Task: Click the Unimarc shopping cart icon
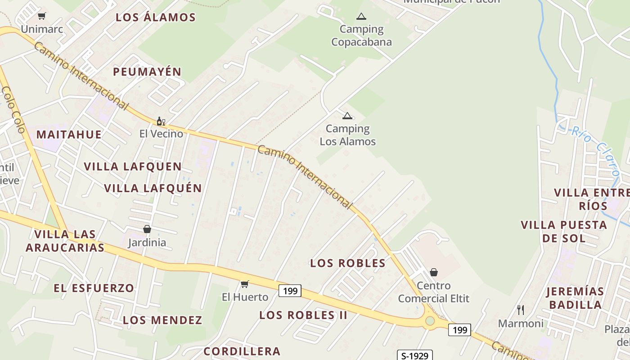tap(42, 16)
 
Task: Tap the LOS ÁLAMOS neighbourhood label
tap(156, 18)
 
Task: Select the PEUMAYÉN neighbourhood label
tap(147, 72)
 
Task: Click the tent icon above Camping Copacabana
tap(361, 17)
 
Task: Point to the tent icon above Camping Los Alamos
tap(347, 116)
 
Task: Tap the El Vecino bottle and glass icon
tap(161, 121)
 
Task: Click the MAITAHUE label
tap(69, 134)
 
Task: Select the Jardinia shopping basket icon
tap(147, 229)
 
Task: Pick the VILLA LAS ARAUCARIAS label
tap(65, 241)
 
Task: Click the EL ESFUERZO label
tap(94, 288)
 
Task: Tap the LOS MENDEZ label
tap(162, 320)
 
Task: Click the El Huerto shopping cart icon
tap(244, 284)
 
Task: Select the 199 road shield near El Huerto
tap(290, 291)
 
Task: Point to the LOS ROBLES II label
tap(303, 315)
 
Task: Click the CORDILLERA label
tap(242, 351)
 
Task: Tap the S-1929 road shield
tap(414, 355)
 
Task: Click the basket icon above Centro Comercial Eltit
tap(434, 272)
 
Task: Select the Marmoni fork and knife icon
tap(521, 310)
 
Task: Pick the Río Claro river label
tap(596, 151)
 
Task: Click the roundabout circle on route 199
tap(430, 321)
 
